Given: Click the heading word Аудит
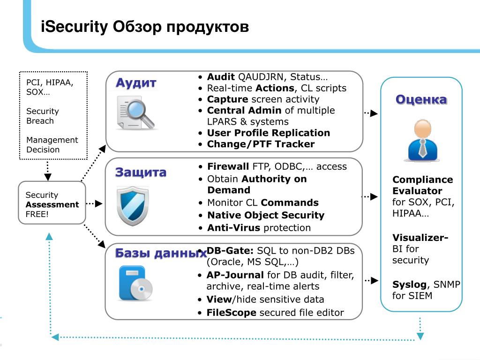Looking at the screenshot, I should (x=136, y=83).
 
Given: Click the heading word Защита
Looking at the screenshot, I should (x=141, y=172).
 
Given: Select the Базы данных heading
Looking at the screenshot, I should (x=161, y=254).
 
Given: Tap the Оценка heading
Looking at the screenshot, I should (x=421, y=99).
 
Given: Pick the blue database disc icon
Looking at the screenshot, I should (x=136, y=283).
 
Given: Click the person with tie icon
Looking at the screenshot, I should (x=421, y=141).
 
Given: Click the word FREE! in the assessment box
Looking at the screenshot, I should (x=37, y=215).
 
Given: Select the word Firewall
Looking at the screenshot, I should (x=228, y=166).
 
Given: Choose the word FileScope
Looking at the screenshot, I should (x=231, y=313).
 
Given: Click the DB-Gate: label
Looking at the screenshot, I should (x=230, y=251).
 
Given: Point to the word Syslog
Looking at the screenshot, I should (x=409, y=285).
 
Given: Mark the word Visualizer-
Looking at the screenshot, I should (x=420, y=238).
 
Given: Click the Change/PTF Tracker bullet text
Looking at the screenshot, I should (x=261, y=144).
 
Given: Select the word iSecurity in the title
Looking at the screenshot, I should (x=75, y=26).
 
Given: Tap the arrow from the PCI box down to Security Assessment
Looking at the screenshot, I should (x=47, y=171).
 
